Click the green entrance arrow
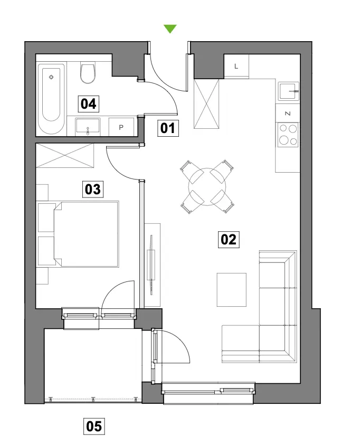[x=170, y=29]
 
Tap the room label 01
[x=168, y=128]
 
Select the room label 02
[x=229, y=240]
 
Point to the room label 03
[x=92, y=189]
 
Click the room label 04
[x=89, y=103]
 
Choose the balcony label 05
[x=94, y=426]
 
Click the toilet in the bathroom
[x=88, y=73]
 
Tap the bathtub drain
[x=51, y=77]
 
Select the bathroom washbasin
[x=88, y=127]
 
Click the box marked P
[x=121, y=127]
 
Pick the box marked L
[x=236, y=66]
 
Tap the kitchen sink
[x=288, y=91]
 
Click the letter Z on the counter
[x=288, y=114]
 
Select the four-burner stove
[x=288, y=135]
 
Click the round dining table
[x=207, y=186]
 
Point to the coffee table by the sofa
[x=232, y=290]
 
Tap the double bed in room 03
[x=86, y=234]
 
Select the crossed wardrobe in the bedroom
[x=65, y=155]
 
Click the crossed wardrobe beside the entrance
[x=206, y=104]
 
